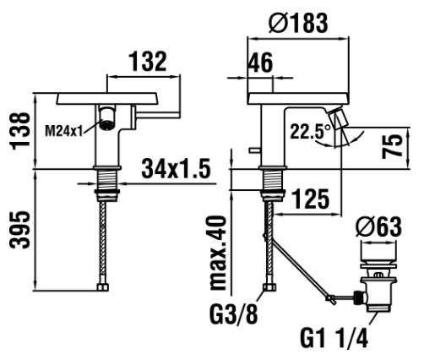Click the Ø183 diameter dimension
[298, 23]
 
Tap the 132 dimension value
[148, 61]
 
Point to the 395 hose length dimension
[19, 230]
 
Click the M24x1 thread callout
[64, 131]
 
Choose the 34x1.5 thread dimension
[176, 168]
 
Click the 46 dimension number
[260, 63]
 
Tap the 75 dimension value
[392, 146]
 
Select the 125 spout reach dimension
[310, 199]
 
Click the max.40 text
[219, 253]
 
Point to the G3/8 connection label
[234, 314]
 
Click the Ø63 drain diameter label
[378, 226]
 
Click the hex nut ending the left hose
[103, 287]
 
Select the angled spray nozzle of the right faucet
[338, 117]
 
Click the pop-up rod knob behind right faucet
[255, 150]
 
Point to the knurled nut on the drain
[358, 297]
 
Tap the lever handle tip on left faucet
[177, 115]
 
